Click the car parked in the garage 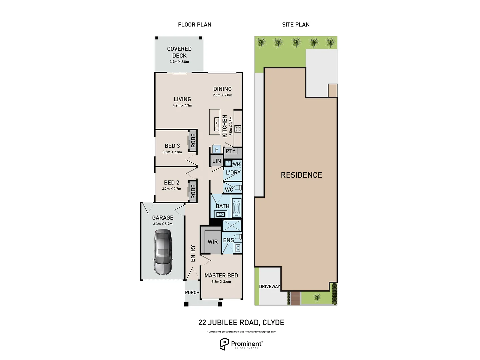(x=163, y=252)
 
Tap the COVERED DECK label (x=179, y=52)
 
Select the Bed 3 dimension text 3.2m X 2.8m (x=172, y=152)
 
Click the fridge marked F (x=216, y=150)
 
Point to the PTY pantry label (x=230, y=151)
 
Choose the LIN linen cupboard (x=216, y=161)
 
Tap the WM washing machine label (x=236, y=164)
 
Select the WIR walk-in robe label (x=213, y=242)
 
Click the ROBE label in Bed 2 (x=193, y=191)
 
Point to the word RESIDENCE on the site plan (x=301, y=175)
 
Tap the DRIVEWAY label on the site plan (x=269, y=286)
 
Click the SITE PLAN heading (x=296, y=25)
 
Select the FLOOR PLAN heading (x=195, y=25)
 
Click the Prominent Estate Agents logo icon (x=224, y=344)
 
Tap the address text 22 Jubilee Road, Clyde (x=241, y=323)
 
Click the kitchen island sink (x=216, y=122)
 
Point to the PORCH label (x=192, y=293)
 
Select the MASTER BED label (x=221, y=275)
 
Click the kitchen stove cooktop (x=238, y=129)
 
